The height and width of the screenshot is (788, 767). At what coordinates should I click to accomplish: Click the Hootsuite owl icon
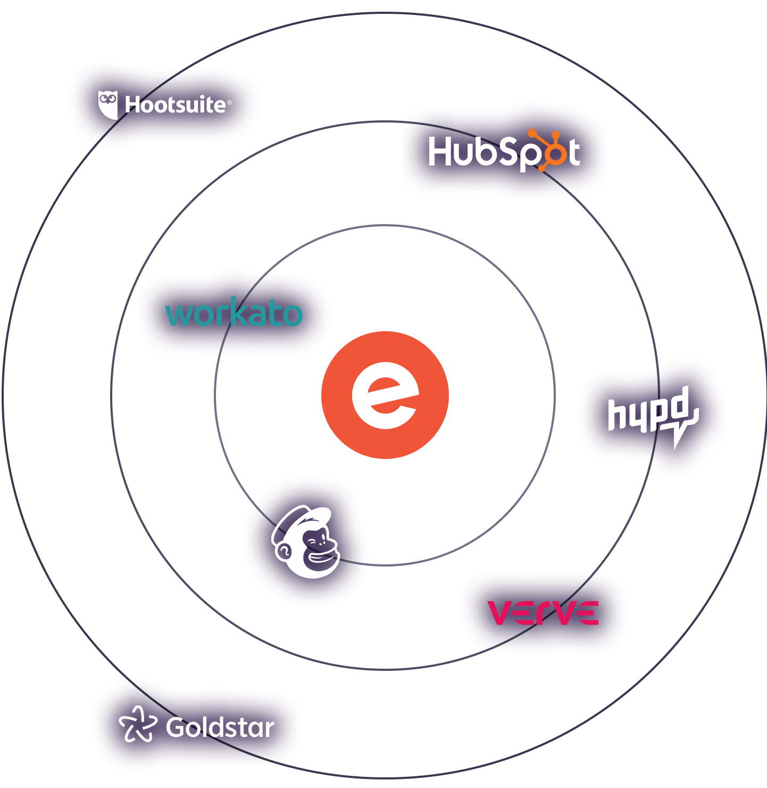point(107,104)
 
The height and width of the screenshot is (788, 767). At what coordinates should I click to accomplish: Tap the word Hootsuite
point(175,105)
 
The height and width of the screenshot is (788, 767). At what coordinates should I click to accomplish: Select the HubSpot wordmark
point(504,151)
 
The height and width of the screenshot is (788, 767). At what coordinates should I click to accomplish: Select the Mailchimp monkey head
point(306,541)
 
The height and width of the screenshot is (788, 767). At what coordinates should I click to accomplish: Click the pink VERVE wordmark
point(543,613)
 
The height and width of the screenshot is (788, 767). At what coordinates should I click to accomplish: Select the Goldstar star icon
point(138,724)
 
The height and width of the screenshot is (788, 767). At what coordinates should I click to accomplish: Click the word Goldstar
point(220,727)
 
